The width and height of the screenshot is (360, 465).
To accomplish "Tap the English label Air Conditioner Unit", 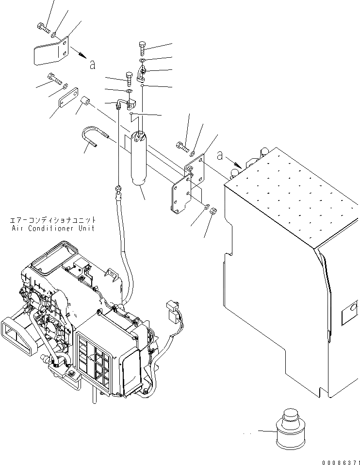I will [x=53, y=228].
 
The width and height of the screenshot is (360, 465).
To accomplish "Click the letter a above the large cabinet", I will [x=220, y=156].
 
